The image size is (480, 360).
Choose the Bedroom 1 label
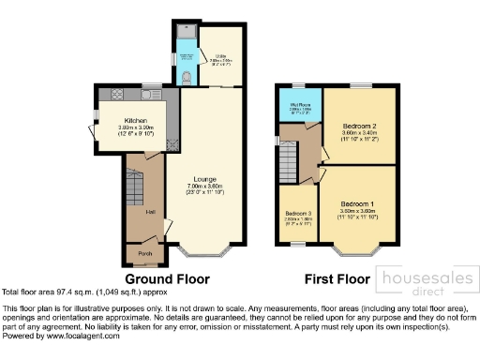[x=357, y=202]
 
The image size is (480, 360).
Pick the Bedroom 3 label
[x=298, y=213]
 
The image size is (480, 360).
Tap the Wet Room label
[x=300, y=104]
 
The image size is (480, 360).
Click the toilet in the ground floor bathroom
[x=187, y=77]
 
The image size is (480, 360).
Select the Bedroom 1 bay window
[x=357, y=251]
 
